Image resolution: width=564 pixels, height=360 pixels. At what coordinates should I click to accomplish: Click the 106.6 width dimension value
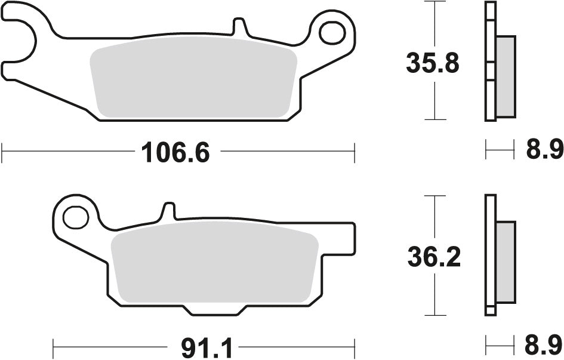tap(175, 153)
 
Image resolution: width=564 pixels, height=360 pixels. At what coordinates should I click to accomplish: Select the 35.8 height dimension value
tap(433, 62)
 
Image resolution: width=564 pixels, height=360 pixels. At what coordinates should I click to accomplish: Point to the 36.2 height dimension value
tap(433, 257)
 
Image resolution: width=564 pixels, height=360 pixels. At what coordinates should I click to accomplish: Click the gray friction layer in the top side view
tap(505, 76)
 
